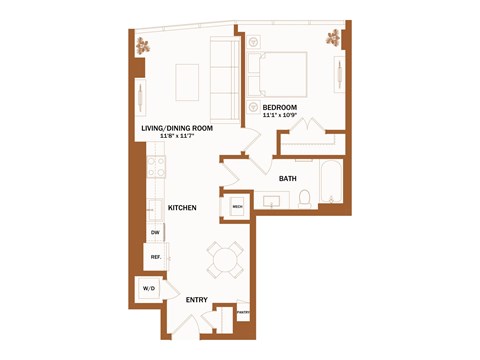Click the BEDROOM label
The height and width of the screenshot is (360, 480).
(280, 106)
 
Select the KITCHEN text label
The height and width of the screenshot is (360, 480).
(181, 207)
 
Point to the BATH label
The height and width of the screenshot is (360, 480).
(287, 179)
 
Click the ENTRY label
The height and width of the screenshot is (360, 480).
(197, 300)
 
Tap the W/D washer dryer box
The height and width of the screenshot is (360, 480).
(150, 289)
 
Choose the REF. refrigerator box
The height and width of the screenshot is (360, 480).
(156, 257)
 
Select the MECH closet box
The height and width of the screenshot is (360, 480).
(238, 207)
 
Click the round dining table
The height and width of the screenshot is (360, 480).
(223, 261)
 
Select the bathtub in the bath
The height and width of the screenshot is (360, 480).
(332, 184)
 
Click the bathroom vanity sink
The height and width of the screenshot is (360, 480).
(271, 201)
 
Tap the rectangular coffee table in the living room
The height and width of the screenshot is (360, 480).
(188, 79)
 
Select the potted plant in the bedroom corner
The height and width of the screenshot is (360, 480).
(333, 39)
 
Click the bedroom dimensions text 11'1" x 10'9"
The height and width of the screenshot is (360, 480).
(280, 116)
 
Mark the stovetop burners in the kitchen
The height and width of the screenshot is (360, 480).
(156, 167)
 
